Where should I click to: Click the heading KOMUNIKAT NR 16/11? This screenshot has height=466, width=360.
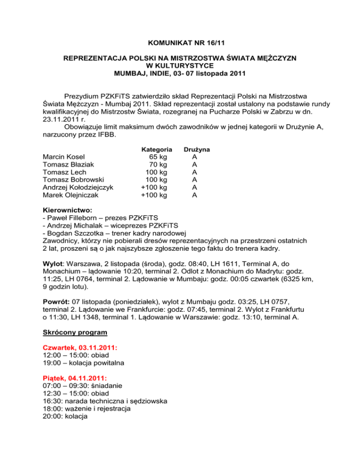pos(180,42)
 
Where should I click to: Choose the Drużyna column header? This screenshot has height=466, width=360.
pos(196,149)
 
